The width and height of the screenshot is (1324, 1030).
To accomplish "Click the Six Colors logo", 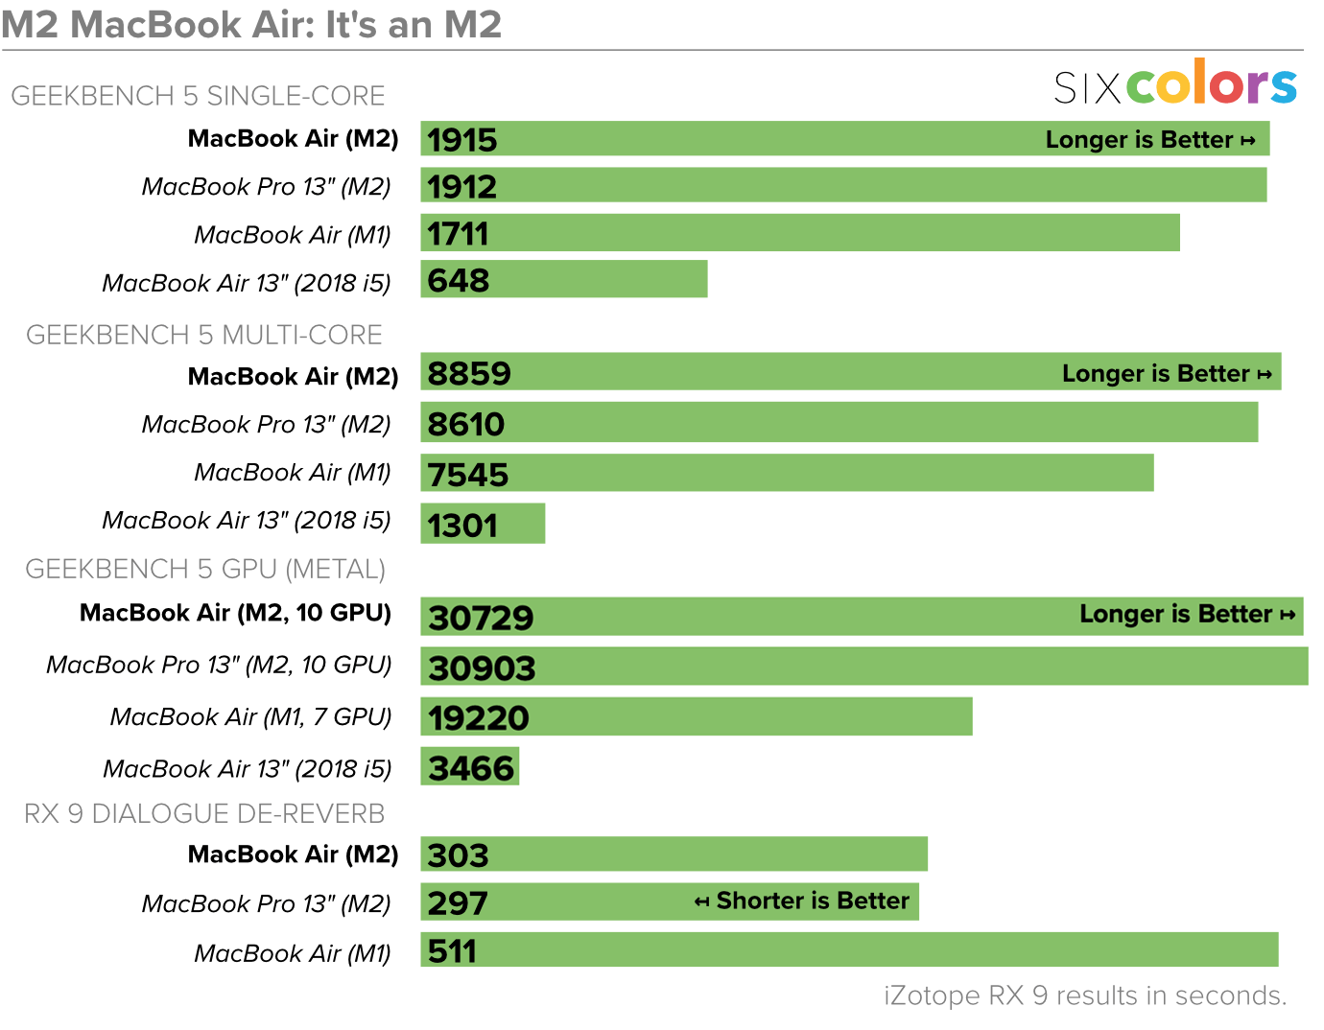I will point(1175,84).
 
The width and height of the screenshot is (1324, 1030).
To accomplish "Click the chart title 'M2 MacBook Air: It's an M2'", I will point(251,24).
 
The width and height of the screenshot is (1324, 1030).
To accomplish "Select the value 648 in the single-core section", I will point(459,280).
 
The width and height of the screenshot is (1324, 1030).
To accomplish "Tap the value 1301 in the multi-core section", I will point(462,526).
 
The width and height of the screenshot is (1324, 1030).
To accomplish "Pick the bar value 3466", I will point(471,768).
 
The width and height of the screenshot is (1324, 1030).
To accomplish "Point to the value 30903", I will point(482,667).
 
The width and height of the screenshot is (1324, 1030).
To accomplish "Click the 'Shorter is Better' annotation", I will point(802,901).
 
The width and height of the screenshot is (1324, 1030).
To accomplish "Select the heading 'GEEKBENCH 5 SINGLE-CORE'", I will point(198,96).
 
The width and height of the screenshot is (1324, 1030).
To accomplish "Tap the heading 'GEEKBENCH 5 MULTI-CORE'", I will point(203,335).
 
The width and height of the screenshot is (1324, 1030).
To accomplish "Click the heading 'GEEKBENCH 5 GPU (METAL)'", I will point(205,569).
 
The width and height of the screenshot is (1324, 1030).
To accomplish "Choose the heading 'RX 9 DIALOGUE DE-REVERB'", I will point(204,813).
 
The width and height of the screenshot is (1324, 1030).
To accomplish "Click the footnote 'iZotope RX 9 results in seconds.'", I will point(1085,995).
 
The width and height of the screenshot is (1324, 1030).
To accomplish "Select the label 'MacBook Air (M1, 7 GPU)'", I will point(250,716).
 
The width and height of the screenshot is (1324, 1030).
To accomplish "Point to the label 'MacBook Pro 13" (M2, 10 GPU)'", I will point(219,665).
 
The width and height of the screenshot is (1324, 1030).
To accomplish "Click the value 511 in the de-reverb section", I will point(452,951).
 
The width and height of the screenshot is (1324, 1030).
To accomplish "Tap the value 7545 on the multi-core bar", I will point(468,475).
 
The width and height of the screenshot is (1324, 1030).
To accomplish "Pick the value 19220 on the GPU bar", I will point(479,717).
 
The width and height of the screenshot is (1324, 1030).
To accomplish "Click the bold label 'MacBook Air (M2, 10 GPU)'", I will point(235,613).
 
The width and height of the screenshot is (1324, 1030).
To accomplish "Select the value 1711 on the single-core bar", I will point(458,234).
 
